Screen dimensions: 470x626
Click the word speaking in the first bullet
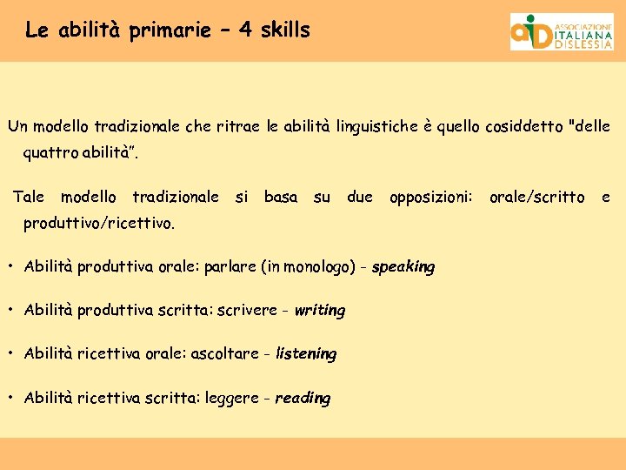[x=403, y=267]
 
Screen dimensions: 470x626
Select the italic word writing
[x=319, y=311]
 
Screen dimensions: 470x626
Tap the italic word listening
[x=305, y=354]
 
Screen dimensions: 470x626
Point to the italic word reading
[x=303, y=399]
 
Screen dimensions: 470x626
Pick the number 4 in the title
[x=245, y=30]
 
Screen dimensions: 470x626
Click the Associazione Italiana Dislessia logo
[x=561, y=31]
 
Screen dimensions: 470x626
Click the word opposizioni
[x=430, y=198]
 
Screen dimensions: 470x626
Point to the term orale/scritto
[x=536, y=198]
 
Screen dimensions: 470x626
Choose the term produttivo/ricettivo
[x=99, y=224]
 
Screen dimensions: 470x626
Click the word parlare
[x=230, y=267]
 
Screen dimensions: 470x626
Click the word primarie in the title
[x=170, y=30]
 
